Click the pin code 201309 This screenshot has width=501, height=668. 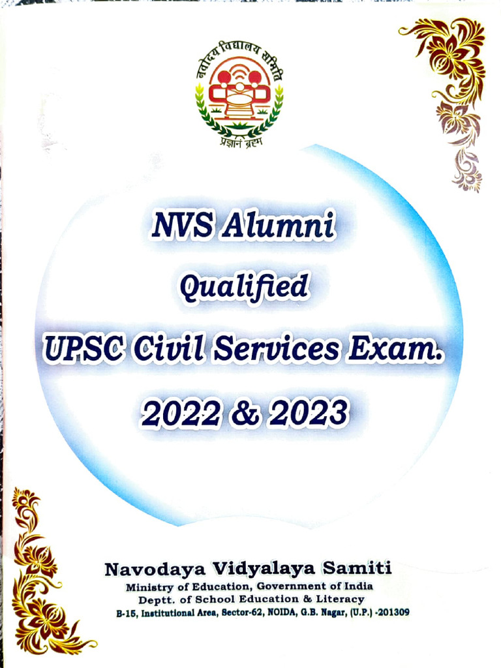click(x=393, y=613)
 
